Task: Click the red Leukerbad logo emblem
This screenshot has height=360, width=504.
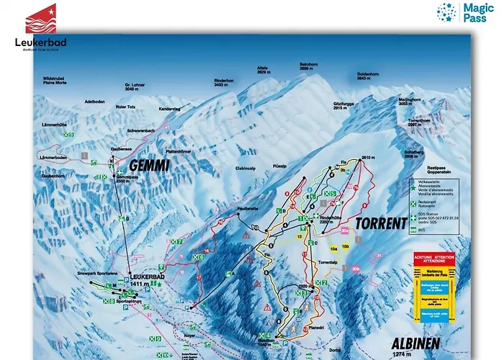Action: click(40, 19)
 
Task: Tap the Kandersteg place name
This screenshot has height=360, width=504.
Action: click(170, 109)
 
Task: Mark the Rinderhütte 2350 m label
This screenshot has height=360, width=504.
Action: click(329, 220)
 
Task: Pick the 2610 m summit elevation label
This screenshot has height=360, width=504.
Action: click(369, 157)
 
